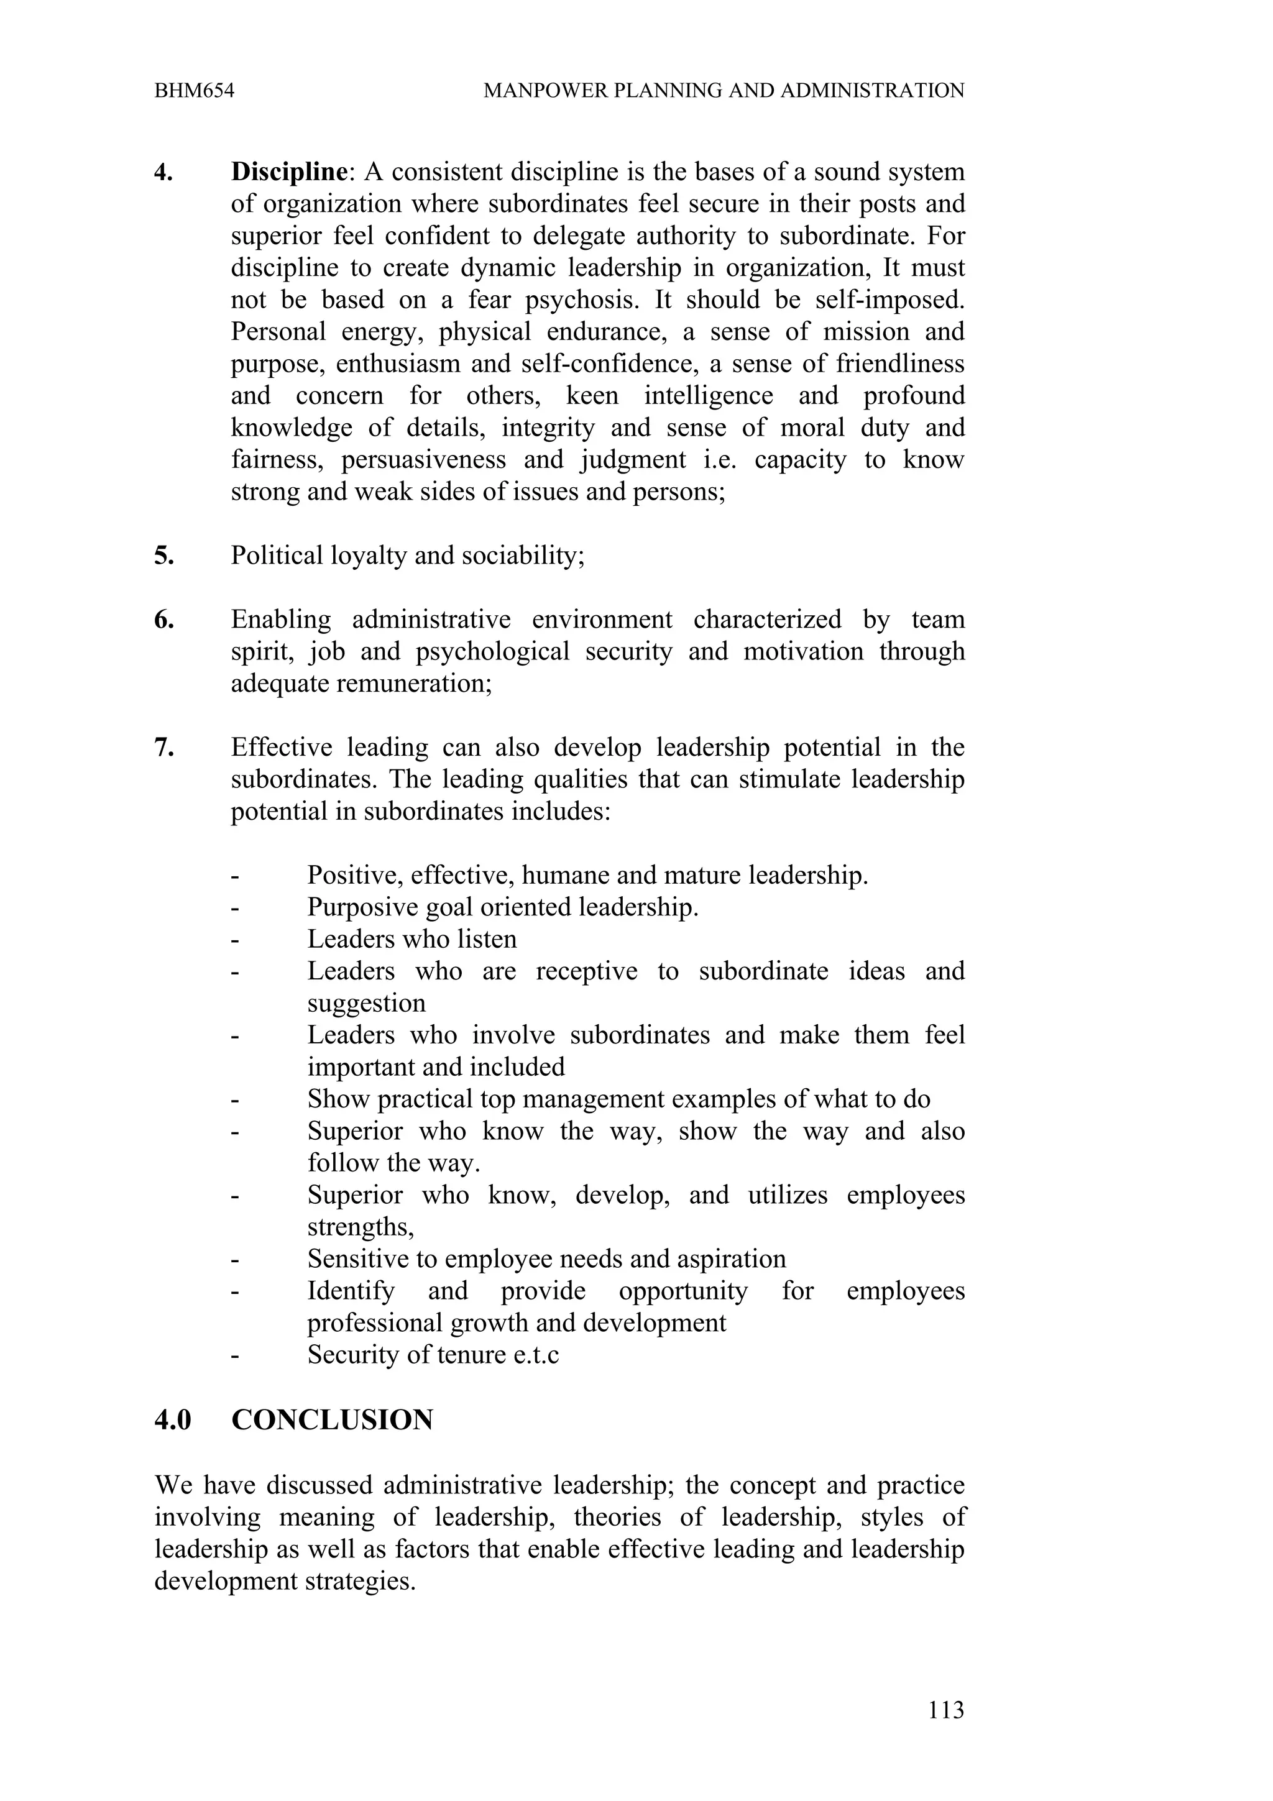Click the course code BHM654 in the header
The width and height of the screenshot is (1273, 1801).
194,91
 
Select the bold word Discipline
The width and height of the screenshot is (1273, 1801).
288,172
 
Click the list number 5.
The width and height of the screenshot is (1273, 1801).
163,556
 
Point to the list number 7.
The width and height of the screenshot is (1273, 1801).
163,748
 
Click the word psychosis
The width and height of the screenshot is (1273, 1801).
581,300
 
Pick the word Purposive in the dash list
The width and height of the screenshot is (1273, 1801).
362,907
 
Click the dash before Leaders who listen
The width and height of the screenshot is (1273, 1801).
234,940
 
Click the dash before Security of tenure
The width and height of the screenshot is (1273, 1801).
234,1356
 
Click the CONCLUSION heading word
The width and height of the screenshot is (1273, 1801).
332,1421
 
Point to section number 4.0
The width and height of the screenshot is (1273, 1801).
173,1421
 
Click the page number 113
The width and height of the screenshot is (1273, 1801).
945,1710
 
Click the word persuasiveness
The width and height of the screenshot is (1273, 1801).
423,461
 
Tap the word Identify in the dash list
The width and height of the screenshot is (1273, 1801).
351,1291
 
